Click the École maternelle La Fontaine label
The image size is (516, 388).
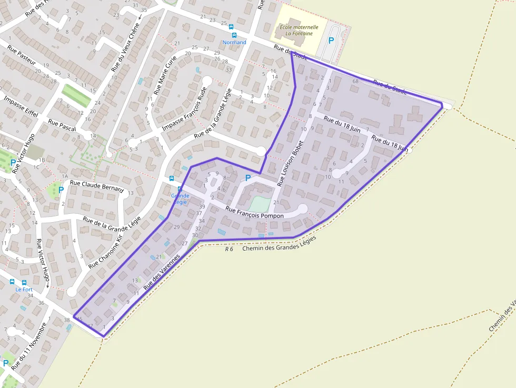click(299, 30)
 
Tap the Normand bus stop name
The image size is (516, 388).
click(234, 42)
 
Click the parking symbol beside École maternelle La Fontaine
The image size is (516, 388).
click(331, 40)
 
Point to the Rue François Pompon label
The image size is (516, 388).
click(254, 212)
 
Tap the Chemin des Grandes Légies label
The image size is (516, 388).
click(279, 244)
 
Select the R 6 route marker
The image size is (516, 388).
click(229, 249)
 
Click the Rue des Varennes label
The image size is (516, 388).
click(162, 272)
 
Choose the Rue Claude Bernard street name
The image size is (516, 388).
click(96, 186)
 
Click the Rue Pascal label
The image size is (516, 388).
click(62, 125)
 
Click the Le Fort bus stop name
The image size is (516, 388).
click(24, 289)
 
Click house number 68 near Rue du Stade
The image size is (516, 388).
click(355, 81)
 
